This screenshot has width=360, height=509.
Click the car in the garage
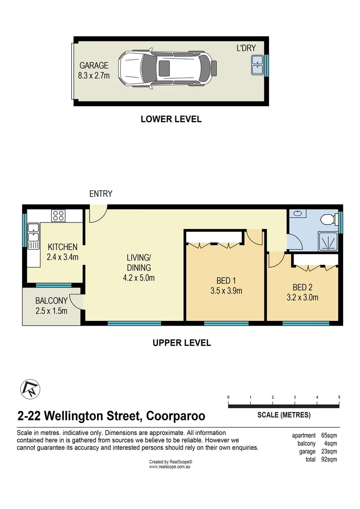click(x=167, y=69)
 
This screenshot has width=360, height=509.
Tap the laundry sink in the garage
click(x=257, y=65)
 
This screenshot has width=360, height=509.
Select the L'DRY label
click(x=246, y=48)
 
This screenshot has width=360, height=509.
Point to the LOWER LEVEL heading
click(x=171, y=119)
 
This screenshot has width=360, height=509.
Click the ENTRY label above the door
click(x=101, y=194)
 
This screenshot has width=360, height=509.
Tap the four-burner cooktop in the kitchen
click(x=58, y=215)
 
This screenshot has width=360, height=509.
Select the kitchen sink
click(x=33, y=236)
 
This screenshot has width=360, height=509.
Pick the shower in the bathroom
click(x=328, y=241)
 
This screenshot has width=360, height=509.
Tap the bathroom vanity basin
click(x=297, y=213)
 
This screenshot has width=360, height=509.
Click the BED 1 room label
click(x=226, y=280)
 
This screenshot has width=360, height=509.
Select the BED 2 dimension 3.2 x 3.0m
click(x=303, y=297)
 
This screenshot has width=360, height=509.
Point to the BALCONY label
click(x=51, y=301)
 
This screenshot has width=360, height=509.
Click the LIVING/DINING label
click(x=139, y=263)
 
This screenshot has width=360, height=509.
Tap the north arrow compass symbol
click(x=30, y=389)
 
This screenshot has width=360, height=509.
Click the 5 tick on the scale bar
click(x=339, y=397)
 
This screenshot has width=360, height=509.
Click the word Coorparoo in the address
click(x=176, y=416)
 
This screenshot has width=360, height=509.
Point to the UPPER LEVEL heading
click(x=182, y=343)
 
